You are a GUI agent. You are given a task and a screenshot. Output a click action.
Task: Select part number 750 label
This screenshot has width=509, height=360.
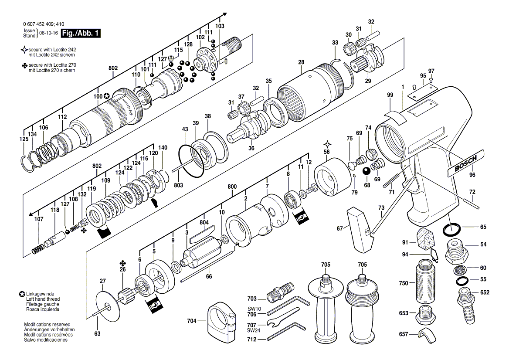(x=404, y=283)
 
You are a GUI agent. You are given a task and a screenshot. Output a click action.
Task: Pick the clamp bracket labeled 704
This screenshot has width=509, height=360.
(x=222, y=322)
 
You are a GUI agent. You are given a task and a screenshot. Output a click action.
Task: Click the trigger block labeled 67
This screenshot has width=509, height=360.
(x=360, y=229)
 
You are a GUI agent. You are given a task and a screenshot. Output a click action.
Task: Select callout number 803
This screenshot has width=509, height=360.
(x=178, y=185)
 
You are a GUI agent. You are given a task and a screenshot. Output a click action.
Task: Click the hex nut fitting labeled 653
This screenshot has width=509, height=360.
(x=424, y=313)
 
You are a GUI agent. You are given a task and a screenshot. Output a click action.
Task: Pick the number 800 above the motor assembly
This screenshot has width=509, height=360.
(x=232, y=187)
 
